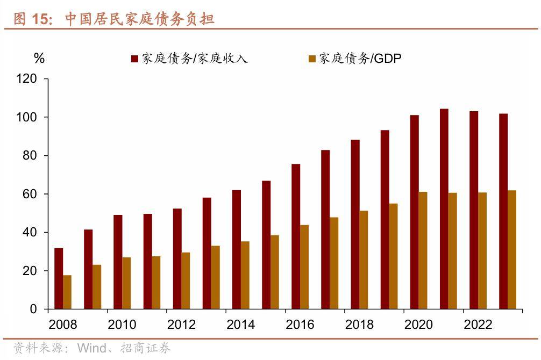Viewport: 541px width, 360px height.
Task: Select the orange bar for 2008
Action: (x=67, y=292)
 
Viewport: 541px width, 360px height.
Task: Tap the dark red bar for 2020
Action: (x=414, y=212)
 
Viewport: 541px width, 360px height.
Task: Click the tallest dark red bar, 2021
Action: (x=444, y=209)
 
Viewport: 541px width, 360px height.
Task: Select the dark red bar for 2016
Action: (x=296, y=236)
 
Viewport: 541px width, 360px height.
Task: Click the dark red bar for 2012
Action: (x=177, y=258)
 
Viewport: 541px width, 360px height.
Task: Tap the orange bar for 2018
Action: (x=364, y=260)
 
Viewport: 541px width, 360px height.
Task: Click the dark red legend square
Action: (x=134, y=59)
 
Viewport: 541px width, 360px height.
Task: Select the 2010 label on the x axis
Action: (x=122, y=325)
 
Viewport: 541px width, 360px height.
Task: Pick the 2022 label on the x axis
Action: (x=478, y=325)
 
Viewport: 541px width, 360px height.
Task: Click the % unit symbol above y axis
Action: (x=39, y=59)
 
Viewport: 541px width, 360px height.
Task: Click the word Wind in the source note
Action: (x=91, y=348)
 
